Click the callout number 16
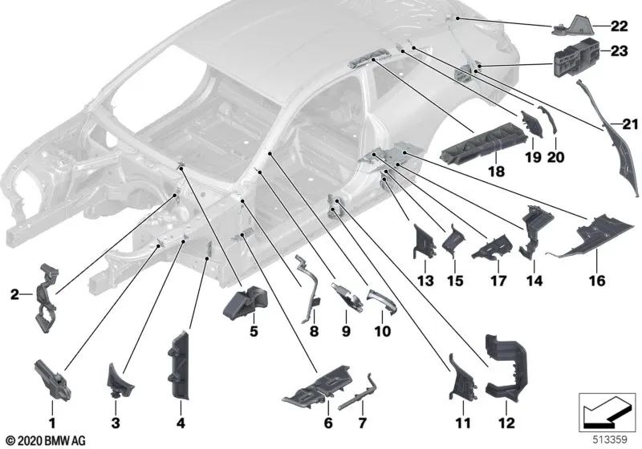coord(595,281)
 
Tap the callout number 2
coord(14,294)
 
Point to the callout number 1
coord(52,421)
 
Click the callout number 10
coord(382,330)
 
